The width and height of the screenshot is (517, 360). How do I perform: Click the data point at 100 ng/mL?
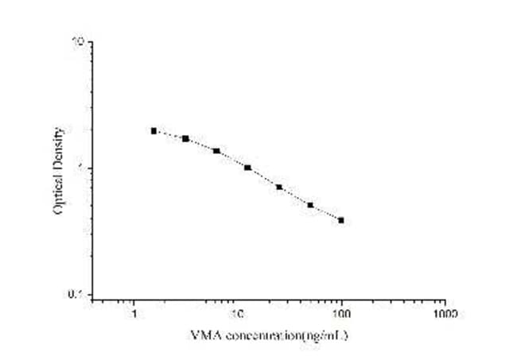341,220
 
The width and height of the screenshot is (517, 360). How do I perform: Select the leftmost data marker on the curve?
154,130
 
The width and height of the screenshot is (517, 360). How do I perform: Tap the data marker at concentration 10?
248,168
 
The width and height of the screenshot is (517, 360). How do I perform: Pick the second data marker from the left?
185,138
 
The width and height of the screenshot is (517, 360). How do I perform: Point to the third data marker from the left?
216,151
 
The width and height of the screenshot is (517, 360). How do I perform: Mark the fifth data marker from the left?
279,187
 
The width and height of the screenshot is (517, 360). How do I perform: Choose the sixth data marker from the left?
310,205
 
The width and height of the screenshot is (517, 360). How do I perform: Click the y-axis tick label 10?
79,41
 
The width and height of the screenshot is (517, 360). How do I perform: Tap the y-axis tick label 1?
82,168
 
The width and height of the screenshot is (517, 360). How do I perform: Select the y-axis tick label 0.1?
77,295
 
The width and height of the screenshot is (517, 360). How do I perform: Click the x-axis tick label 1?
134,313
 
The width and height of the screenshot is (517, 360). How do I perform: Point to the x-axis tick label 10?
237,313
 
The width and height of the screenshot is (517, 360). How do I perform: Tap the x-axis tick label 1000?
445,313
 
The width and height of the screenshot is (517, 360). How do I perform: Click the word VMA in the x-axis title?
202,335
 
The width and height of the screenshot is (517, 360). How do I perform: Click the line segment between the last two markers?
326,213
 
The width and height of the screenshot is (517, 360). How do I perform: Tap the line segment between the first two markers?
169,134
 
